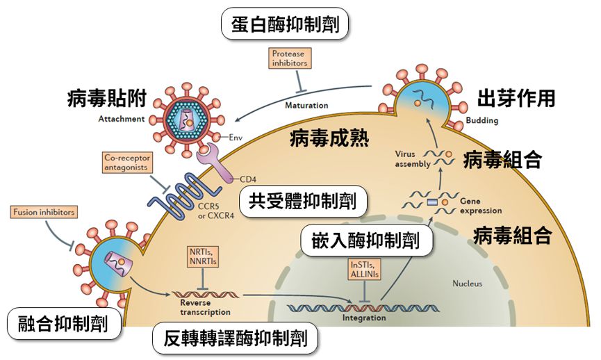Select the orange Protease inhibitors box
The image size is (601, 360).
click(x=288, y=58)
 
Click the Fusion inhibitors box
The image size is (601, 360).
click(x=43, y=211)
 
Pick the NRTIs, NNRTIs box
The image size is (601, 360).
click(x=201, y=256)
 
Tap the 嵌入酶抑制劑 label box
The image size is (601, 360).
click(x=364, y=240)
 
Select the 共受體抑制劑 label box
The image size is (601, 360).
click(x=302, y=202)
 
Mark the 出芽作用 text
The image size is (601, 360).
click(x=516, y=99)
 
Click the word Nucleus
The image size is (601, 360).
click(x=467, y=284)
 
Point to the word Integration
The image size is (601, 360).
click(x=364, y=318)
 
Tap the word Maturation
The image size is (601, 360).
click(x=306, y=106)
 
